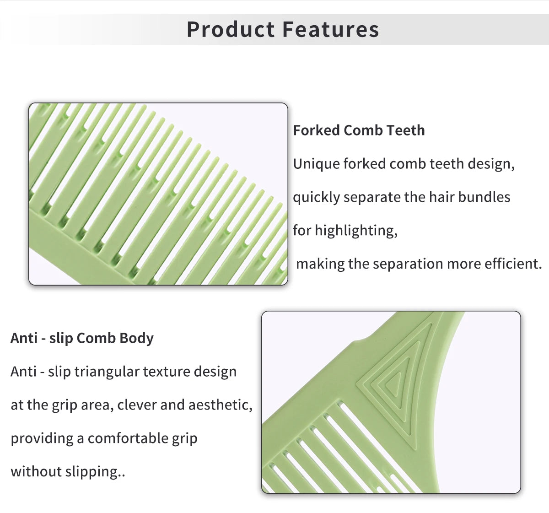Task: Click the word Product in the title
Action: coord(231,29)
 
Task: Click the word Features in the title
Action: coord(331,29)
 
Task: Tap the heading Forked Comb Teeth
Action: coord(359,130)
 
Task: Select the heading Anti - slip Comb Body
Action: coord(82,338)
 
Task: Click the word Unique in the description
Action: coord(316,164)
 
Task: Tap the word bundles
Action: coord(484,197)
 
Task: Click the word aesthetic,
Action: coord(221,405)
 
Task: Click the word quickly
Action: coord(317,197)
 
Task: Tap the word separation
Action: coord(408,264)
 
